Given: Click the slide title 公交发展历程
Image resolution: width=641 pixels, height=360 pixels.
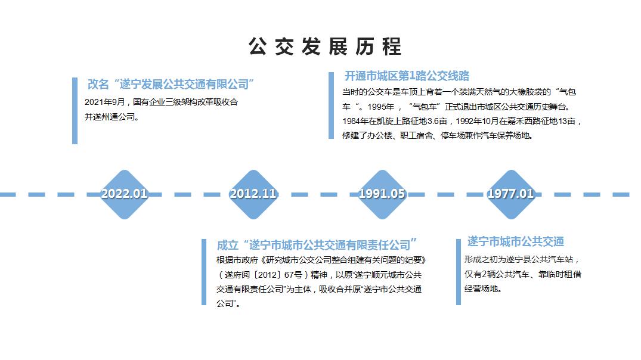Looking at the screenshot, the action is (325, 46).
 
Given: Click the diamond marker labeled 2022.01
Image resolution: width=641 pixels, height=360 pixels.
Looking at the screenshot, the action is (124, 194).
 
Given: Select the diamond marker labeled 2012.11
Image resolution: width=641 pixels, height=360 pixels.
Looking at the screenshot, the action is (253, 194).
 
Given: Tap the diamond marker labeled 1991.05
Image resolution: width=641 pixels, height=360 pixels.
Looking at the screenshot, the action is (382, 194).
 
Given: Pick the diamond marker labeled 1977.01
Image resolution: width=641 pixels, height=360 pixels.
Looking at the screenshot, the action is (510, 194).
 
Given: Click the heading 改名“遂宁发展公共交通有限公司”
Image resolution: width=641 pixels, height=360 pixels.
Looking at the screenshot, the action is (171, 84).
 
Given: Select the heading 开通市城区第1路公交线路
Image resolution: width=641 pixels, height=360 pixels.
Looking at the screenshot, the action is (407, 76).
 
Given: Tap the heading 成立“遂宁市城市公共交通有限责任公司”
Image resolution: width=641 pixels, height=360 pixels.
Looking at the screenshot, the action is (317, 245).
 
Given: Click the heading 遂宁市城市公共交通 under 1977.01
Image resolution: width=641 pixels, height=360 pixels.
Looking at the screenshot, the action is (516, 241).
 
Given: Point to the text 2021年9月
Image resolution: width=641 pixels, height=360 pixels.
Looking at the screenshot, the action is (105, 102).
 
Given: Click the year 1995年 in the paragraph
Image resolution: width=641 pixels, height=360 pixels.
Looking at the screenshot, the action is (380, 107).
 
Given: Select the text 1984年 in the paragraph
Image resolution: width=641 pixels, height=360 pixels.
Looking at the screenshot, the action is (355, 121).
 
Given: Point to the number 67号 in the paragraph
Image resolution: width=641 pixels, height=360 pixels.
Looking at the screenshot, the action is (293, 275).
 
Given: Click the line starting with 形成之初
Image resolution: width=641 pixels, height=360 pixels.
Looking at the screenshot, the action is (522, 259).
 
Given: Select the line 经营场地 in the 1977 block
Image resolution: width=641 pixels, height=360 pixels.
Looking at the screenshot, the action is (483, 288).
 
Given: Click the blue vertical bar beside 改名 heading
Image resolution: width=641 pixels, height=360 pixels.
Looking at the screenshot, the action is (75, 111).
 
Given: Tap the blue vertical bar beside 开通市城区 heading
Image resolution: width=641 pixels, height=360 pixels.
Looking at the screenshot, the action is (331, 105).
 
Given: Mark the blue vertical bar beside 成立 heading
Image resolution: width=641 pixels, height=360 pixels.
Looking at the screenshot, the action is (204, 272).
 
